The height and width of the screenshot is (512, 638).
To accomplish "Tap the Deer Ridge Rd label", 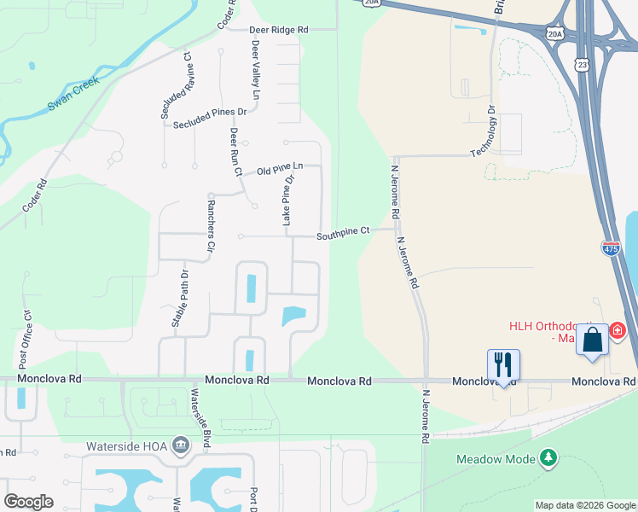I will [x=279, y=29].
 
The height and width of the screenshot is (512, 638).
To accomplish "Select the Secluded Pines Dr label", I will [x=209, y=119].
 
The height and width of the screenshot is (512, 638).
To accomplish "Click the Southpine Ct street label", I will [x=343, y=231].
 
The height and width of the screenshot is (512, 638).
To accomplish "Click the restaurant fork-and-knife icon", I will [x=503, y=366].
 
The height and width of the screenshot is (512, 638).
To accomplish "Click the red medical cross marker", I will [x=618, y=329].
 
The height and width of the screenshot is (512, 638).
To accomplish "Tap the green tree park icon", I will [x=549, y=458].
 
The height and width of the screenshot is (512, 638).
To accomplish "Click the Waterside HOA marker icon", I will [x=181, y=445].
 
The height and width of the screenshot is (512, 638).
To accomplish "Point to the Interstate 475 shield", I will [x=611, y=248].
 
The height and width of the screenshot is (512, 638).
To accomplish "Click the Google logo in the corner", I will [x=29, y=501].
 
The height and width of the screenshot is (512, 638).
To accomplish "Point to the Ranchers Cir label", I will [x=209, y=226].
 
